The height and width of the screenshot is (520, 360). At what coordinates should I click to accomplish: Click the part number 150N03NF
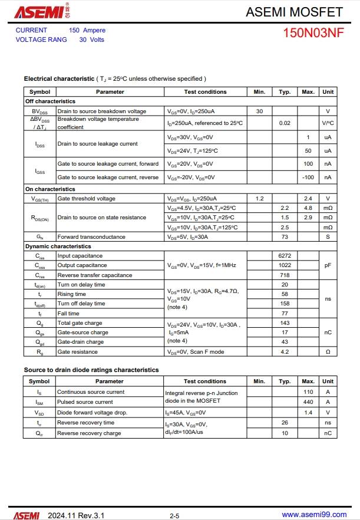pos(313,33)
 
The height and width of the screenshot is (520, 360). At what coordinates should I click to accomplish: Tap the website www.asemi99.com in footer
pos(315,515)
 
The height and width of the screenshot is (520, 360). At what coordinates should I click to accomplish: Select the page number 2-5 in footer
pos(174,515)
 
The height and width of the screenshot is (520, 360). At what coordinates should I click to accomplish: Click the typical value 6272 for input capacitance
pos(285,256)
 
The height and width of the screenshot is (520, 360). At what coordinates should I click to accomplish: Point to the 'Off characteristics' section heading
pos(50,101)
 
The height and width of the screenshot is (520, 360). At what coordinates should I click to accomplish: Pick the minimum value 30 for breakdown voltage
pos(259,111)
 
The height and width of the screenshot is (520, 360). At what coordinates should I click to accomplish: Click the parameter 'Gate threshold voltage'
pos(86,199)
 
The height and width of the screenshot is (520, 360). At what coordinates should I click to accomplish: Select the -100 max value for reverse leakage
pos(308,177)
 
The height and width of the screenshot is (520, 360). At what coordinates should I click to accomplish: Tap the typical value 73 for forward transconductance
pos(285,237)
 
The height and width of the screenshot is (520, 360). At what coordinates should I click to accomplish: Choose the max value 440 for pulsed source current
pos(308,402)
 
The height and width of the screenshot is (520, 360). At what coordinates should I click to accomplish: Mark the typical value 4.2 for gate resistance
pos(285,352)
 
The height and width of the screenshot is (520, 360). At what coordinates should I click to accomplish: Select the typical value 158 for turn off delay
pos(285,304)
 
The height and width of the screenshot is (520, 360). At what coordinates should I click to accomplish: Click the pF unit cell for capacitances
pos(328,266)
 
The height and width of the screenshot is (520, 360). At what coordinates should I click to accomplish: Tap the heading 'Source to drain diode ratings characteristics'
pos(91,370)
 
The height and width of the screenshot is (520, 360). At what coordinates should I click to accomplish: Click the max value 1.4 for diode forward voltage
pos(308,413)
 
